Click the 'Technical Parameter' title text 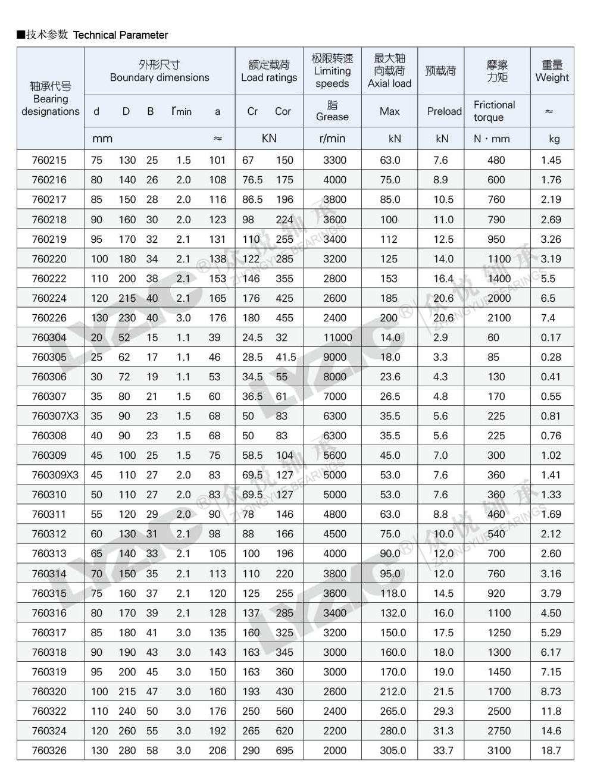(120, 35)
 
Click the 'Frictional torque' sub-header (494, 111)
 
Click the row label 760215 (49, 160)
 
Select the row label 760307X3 (51, 416)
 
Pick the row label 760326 (49, 750)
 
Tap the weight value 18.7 (551, 750)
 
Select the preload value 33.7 (443, 750)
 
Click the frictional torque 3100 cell (499, 750)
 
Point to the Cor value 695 (284, 750)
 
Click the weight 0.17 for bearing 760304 (551, 337)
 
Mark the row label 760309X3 (51, 475)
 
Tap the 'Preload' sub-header (444, 111)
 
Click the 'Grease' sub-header (332, 111)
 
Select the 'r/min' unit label (332, 139)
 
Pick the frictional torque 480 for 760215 (496, 160)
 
